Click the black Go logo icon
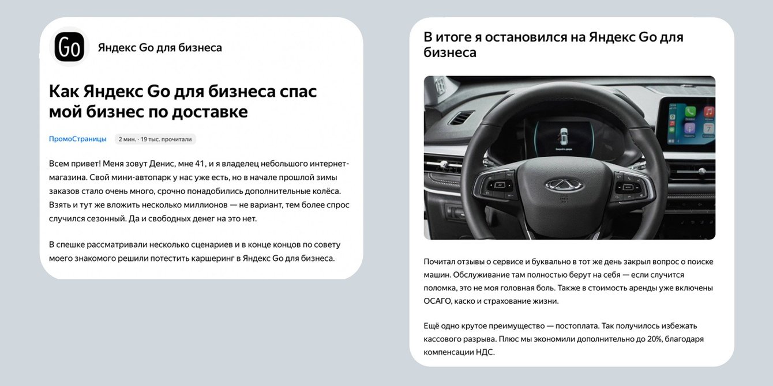(69, 47)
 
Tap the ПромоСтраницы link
(78, 139)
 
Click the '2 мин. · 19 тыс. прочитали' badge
(155, 139)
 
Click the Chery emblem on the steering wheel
(564, 185)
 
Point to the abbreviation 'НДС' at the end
(483, 352)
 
